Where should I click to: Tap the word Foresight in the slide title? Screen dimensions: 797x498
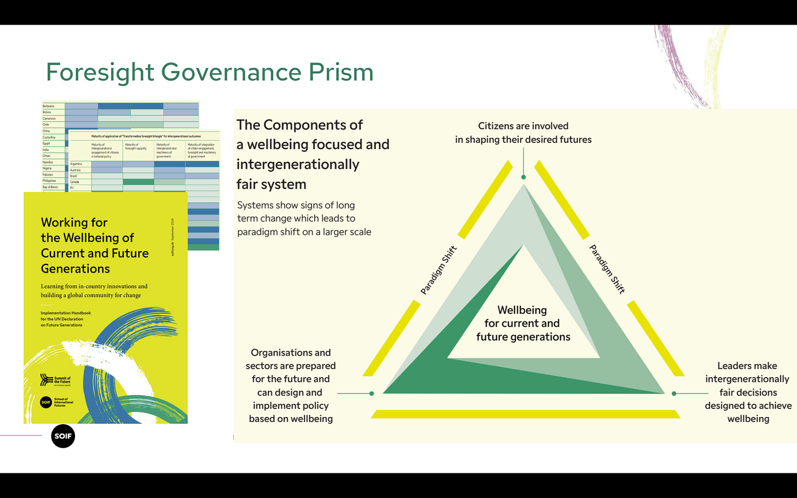click(x=100, y=72)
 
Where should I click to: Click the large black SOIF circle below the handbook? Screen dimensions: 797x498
click(x=63, y=436)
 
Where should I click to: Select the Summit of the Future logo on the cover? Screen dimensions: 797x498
click(x=55, y=380)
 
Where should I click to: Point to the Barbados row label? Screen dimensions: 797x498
click(x=49, y=106)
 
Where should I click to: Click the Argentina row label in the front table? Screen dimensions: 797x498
click(x=76, y=164)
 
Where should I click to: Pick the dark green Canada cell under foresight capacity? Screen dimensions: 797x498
click(x=138, y=182)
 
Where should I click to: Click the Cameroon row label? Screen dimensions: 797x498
click(x=49, y=118)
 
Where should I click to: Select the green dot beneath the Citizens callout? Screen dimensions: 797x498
click(x=524, y=177)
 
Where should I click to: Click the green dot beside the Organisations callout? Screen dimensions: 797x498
click(x=372, y=393)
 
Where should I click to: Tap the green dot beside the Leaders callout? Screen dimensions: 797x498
click(x=674, y=393)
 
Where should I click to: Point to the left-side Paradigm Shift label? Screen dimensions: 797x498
click(x=438, y=270)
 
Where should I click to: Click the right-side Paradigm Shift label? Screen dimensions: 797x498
click(x=607, y=269)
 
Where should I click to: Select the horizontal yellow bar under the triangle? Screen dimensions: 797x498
click(x=525, y=414)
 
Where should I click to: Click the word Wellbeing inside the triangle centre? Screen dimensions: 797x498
click(x=522, y=310)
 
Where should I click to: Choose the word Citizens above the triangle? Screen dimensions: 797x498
click(x=495, y=126)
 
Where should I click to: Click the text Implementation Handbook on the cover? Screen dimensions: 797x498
click(x=66, y=313)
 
